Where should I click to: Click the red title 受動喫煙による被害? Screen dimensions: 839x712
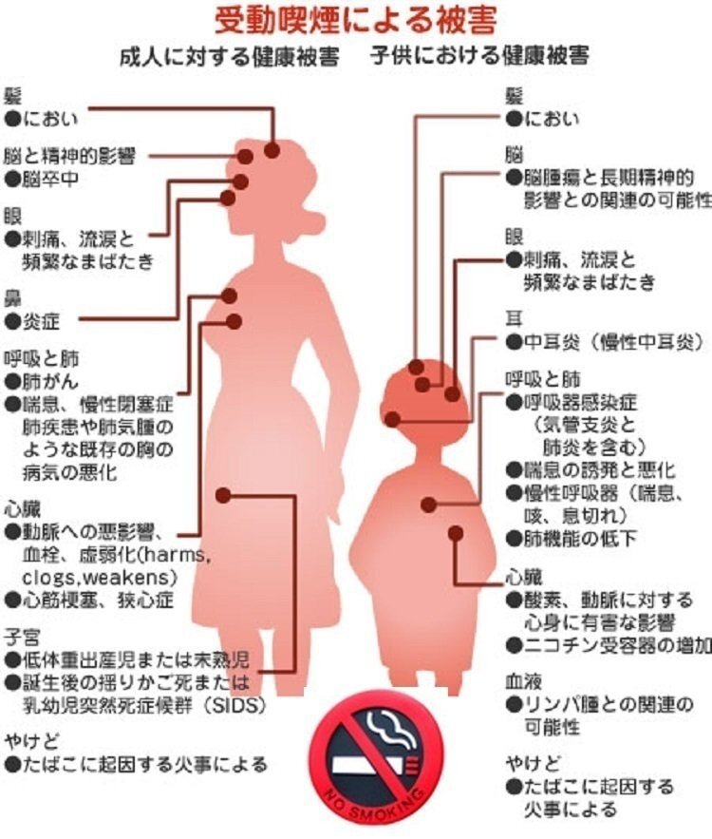tap(356, 19)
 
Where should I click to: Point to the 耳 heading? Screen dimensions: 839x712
tap(514, 318)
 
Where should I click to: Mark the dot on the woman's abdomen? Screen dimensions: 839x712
tap(223, 495)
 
